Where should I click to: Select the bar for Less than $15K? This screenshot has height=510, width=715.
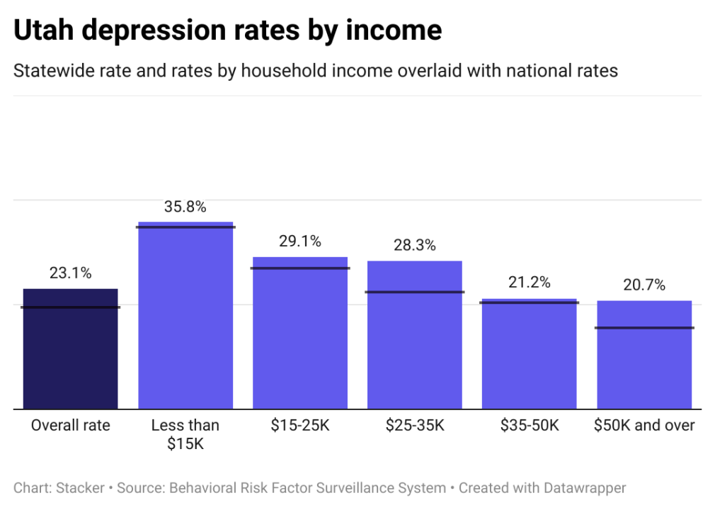click(x=185, y=319)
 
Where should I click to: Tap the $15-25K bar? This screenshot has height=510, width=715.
click(x=300, y=340)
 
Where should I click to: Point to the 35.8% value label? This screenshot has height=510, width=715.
click(x=185, y=208)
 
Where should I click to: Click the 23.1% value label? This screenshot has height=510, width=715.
click(x=70, y=273)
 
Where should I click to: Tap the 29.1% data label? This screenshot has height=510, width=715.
click(x=300, y=242)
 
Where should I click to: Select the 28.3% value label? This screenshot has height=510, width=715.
click(x=415, y=246)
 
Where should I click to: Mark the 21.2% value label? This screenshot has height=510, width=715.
click(x=530, y=283)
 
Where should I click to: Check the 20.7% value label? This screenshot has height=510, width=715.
click(x=644, y=285)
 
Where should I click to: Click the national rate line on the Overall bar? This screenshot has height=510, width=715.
click(x=70, y=307)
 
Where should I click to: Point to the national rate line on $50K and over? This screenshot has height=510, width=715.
click(x=644, y=327)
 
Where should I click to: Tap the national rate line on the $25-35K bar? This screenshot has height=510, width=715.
click(x=415, y=292)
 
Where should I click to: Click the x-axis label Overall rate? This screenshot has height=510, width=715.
click(x=70, y=426)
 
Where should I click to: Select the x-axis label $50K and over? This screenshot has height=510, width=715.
click(x=644, y=426)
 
